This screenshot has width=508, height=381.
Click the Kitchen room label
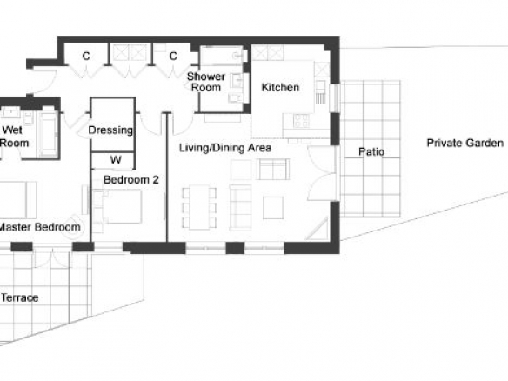pos(280,87)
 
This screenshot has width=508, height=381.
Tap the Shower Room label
pos(206,82)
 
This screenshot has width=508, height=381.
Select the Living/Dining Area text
pos(225,148)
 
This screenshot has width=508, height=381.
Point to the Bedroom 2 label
pos(131,179)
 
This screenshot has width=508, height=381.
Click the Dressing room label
pos(110,130)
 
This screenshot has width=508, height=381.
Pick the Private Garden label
pos(465,143)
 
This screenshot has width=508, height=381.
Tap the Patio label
pos(371,151)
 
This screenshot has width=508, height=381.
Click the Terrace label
pos(20,297)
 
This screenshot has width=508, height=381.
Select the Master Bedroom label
pos(39,227)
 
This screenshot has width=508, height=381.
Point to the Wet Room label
pos(14,137)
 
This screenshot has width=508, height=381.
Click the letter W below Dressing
pos(116,160)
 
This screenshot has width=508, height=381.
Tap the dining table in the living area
pos(199,207)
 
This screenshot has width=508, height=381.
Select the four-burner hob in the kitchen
pos(301,121)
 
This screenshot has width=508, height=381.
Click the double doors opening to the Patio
pos(323,173)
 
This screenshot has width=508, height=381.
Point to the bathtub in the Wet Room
pos(49,134)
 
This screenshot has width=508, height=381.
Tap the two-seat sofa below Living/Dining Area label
pos(273,169)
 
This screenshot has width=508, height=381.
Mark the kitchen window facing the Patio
pos(335,97)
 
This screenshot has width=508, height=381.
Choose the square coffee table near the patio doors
pos(273,208)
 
